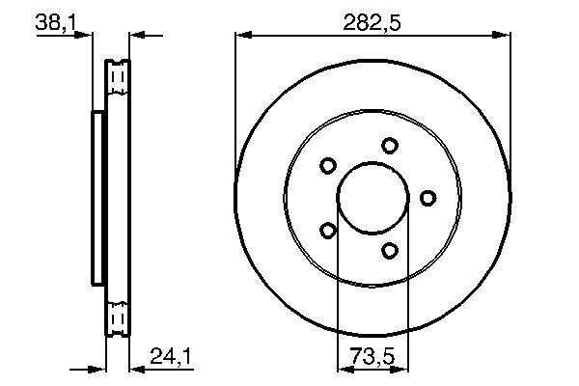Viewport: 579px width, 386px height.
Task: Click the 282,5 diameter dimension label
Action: click(372, 21)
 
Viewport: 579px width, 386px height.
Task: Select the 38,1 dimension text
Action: click(55, 21)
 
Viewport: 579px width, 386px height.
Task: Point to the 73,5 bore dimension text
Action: click(372, 354)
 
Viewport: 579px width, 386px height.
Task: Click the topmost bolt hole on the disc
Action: click(389, 146)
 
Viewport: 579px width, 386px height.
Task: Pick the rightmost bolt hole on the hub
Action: click(427, 198)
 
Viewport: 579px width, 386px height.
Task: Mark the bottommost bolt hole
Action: click(389, 251)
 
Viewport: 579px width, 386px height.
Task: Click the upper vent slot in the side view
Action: click(118, 77)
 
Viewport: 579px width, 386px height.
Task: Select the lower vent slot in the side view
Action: click(118, 317)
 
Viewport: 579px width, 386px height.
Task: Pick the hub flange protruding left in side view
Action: click(96, 198)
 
